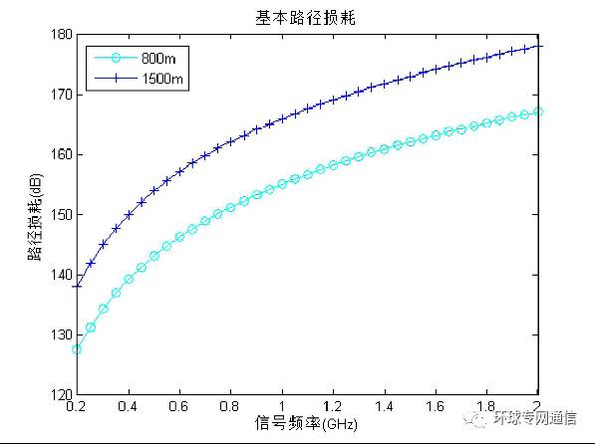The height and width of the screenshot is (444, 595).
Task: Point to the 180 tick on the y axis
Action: pyautogui.click(x=61, y=35)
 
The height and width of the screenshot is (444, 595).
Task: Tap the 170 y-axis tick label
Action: pyautogui.click(x=61, y=95)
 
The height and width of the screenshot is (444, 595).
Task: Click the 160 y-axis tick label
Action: pyautogui.click(x=61, y=154)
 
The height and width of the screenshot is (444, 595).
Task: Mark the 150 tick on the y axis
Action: pyautogui.click(x=61, y=215)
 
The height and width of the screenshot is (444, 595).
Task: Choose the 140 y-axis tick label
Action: pyautogui.click(x=61, y=275)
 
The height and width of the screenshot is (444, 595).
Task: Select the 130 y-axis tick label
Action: pyautogui.click(x=61, y=334)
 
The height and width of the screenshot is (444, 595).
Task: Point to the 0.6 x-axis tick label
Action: pyautogui.click(x=179, y=407)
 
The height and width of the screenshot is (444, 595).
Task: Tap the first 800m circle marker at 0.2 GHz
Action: pyautogui.click(x=77, y=349)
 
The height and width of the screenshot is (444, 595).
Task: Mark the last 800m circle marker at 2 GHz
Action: pyautogui.click(x=538, y=111)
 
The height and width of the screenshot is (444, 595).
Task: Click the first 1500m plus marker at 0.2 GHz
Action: pyautogui.click(x=77, y=287)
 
